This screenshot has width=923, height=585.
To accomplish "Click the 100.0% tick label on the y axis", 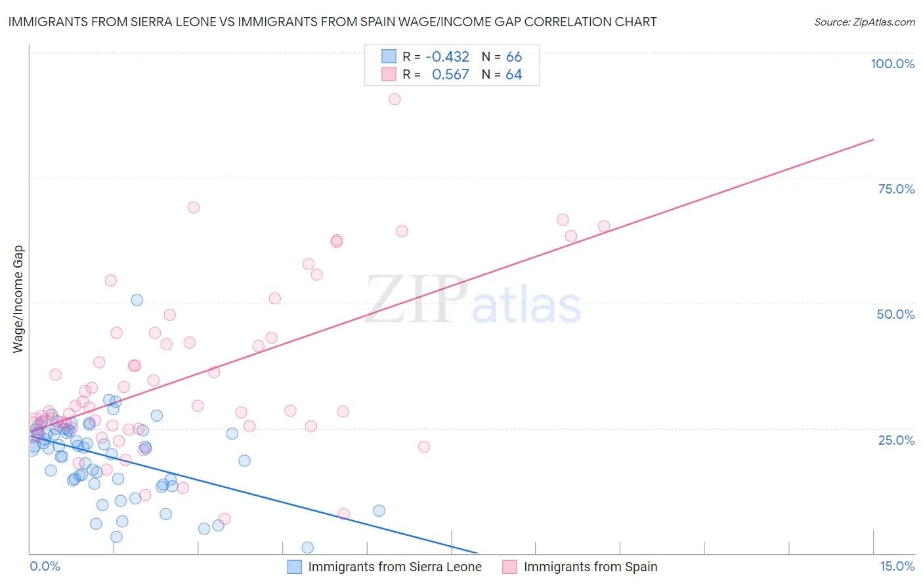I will (x=892, y=64).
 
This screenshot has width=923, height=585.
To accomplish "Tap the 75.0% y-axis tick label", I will (x=896, y=189).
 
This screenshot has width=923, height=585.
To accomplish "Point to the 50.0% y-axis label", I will (x=895, y=314).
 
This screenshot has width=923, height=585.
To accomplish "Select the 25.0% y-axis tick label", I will (x=896, y=440).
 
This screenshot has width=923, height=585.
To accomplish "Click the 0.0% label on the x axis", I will (x=45, y=566).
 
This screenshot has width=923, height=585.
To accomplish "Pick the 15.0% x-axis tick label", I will (x=897, y=566).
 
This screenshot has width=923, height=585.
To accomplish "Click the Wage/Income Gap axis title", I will (x=18, y=299).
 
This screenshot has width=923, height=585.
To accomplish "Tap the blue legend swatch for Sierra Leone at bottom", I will (x=295, y=567).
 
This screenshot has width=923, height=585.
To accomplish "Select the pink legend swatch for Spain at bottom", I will (x=509, y=567).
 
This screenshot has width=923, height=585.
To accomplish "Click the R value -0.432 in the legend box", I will (x=447, y=56).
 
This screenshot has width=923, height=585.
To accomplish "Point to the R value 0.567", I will (x=450, y=75).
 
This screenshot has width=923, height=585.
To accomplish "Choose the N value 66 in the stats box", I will (x=514, y=56).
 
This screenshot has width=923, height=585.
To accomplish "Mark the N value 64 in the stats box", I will (x=514, y=75).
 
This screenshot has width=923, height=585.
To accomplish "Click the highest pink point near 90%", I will (x=395, y=99).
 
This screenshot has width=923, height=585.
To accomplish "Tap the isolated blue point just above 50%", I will (x=137, y=300).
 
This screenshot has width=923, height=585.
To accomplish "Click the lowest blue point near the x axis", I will (x=307, y=548).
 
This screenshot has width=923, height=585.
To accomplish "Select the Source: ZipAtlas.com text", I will (x=864, y=22).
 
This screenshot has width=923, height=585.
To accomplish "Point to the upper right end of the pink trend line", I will (x=873, y=139).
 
